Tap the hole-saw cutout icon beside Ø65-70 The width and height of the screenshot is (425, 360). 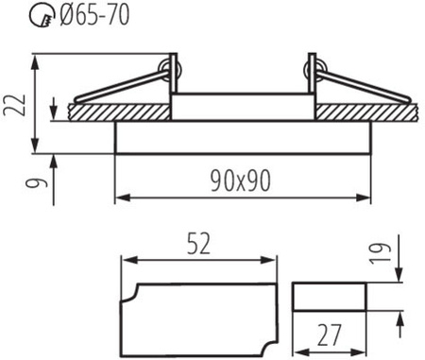click(x=18, y=15)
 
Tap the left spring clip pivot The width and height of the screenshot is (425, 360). click(x=170, y=67)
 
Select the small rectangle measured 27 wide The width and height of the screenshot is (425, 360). click(x=330, y=298)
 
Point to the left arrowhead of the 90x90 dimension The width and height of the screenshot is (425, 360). click(x=120, y=197)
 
